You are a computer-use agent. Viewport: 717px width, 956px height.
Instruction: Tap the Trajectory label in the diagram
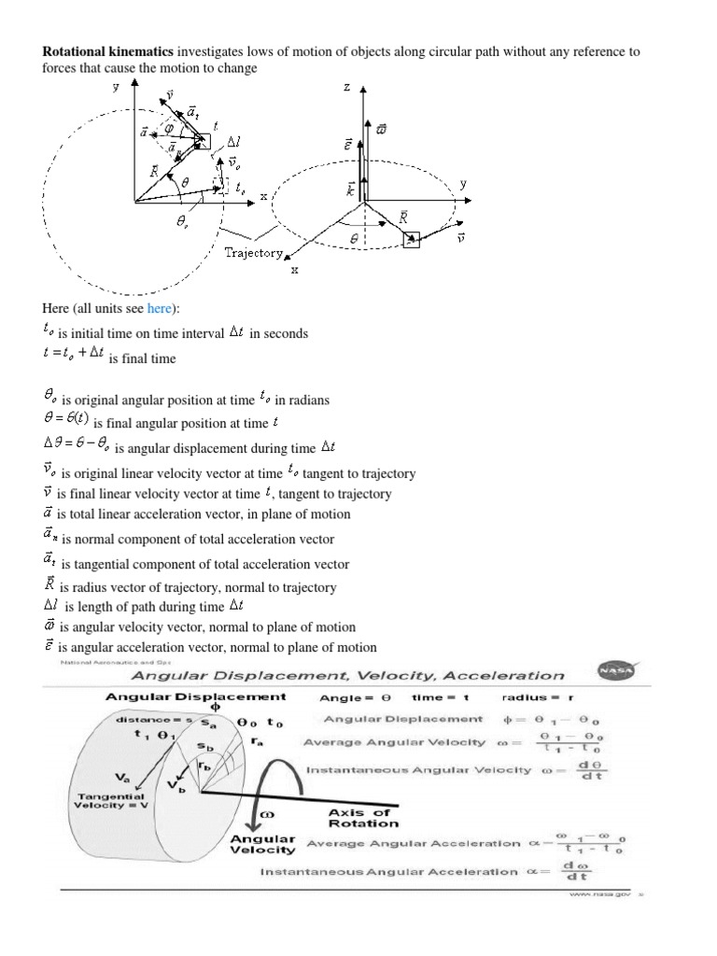252,253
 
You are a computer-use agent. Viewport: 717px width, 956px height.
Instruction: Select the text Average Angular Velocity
396,742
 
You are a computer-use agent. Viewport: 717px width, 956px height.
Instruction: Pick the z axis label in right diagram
346,87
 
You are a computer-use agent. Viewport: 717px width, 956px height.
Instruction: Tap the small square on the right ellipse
412,241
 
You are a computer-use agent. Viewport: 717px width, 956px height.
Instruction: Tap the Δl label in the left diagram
234,142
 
